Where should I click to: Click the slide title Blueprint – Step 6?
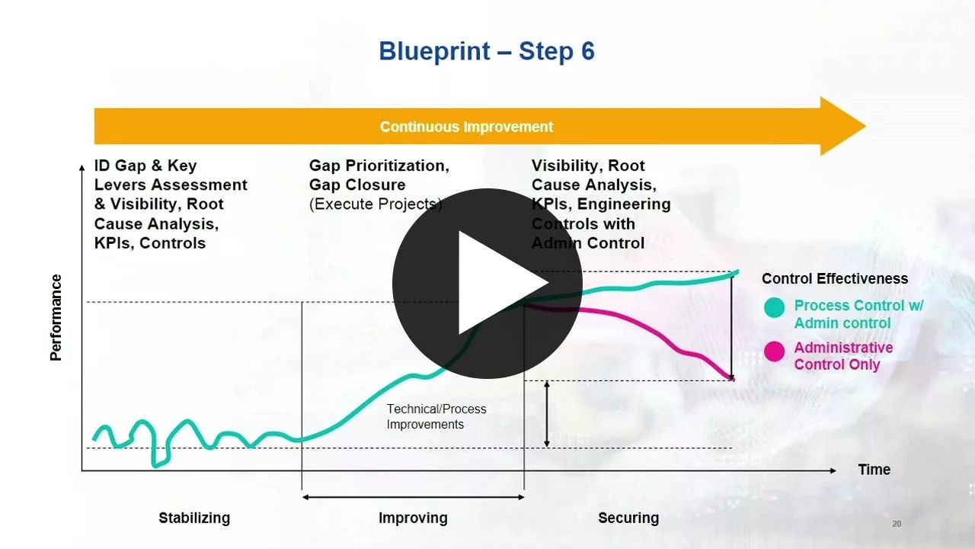pos(487,52)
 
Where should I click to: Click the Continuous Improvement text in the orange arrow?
pos(466,127)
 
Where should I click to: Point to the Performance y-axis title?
pos(56,317)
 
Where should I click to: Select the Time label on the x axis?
pos(874,470)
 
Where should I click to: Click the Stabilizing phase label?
pos(194,518)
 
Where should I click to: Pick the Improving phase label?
pos(413,518)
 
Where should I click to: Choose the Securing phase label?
pos(628,518)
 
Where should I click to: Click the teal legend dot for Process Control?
pos(775,308)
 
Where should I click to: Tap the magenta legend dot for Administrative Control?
pos(775,352)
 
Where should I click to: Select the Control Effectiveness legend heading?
pos(835,279)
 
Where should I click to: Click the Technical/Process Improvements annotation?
pos(436,417)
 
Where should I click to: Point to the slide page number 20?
pos(897,524)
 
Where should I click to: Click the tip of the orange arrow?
pos(862,127)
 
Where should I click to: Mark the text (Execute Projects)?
pos(376,204)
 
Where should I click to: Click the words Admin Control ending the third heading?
pos(588,243)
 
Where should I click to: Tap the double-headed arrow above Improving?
pos(413,497)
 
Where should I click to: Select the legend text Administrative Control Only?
pos(843,356)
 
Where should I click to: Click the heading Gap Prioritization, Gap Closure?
pos(379,175)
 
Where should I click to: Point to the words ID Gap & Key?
pos(145,165)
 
